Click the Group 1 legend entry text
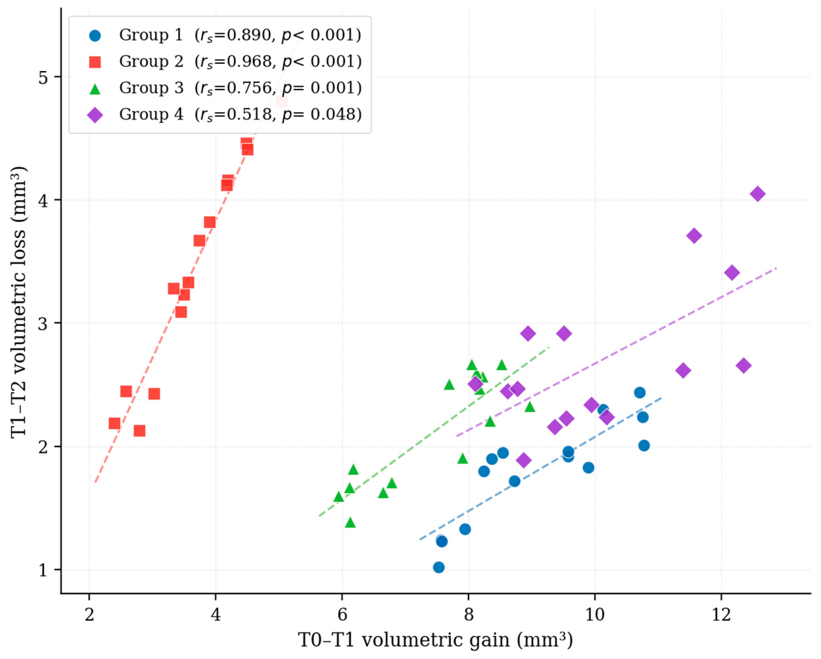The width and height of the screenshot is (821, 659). point(240,35)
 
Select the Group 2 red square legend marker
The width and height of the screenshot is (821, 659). point(95,62)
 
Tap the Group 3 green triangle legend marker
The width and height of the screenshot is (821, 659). point(95,88)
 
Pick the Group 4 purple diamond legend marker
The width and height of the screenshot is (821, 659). point(95,115)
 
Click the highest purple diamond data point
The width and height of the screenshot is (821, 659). point(758,194)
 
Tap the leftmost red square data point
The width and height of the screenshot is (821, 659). point(114,423)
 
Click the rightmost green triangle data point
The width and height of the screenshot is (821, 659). point(530,407)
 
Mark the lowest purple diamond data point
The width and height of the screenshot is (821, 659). point(524,460)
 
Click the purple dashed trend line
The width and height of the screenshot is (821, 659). point(616,352)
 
